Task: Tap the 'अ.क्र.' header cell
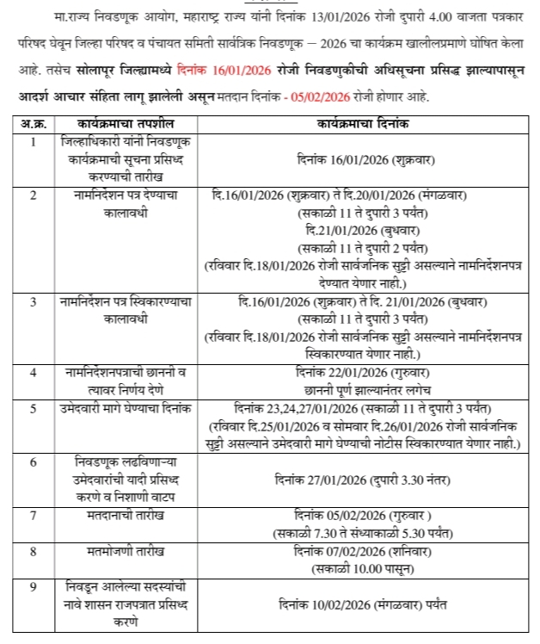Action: click(32, 125)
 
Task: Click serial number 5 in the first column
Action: click(32, 408)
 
